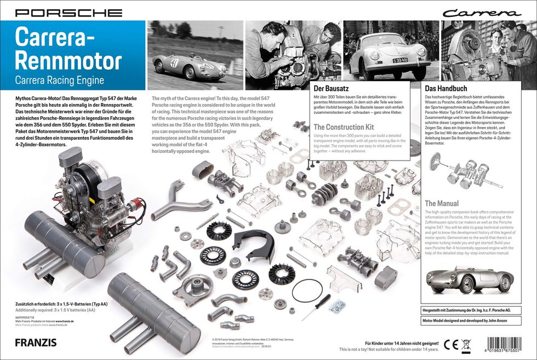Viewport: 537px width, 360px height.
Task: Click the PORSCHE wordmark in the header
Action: (68, 12)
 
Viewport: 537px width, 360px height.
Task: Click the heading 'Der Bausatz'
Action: (331, 88)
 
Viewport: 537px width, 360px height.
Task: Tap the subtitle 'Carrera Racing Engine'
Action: (60, 80)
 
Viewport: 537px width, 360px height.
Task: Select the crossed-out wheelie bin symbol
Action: (466, 345)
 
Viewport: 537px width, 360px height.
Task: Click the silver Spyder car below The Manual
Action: (470, 279)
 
